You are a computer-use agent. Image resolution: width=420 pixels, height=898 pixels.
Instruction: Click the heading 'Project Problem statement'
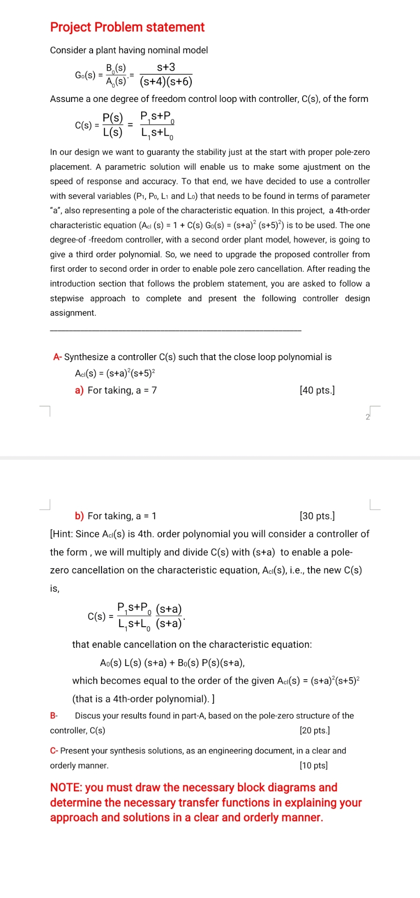tap(127, 27)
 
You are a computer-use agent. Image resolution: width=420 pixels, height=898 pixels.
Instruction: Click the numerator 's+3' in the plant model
tap(166, 67)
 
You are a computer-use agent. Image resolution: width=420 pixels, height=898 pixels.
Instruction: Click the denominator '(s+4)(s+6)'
tap(166, 82)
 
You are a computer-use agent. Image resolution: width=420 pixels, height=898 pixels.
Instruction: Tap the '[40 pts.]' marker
tap(317, 390)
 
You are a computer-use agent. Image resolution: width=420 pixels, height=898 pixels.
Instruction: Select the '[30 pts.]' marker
tap(317, 516)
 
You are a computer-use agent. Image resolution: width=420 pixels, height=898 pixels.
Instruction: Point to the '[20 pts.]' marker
tap(315, 731)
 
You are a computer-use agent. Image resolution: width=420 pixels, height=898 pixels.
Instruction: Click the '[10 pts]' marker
tap(313, 766)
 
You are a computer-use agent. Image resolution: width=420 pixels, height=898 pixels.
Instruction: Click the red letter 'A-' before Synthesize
tap(58, 357)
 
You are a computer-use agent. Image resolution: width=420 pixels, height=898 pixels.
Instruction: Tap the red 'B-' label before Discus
tap(54, 716)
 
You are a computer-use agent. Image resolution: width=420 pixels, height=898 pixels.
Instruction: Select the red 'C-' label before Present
tap(54, 751)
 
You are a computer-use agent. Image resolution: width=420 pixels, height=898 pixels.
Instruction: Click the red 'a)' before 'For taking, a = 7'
tap(79, 390)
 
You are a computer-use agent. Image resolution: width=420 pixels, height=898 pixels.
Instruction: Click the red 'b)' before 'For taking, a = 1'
tap(79, 516)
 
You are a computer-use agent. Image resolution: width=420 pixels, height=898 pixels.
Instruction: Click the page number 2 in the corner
tap(368, 417)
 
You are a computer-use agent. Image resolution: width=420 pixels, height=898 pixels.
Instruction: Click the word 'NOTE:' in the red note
tap(66, 788)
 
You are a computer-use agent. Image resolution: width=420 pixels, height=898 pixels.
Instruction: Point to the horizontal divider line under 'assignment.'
tap(175, 331)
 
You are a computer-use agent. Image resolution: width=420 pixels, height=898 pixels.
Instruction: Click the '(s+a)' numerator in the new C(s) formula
tap(169, 609)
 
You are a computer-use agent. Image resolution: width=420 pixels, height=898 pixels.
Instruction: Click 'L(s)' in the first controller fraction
tap(113, 132)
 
